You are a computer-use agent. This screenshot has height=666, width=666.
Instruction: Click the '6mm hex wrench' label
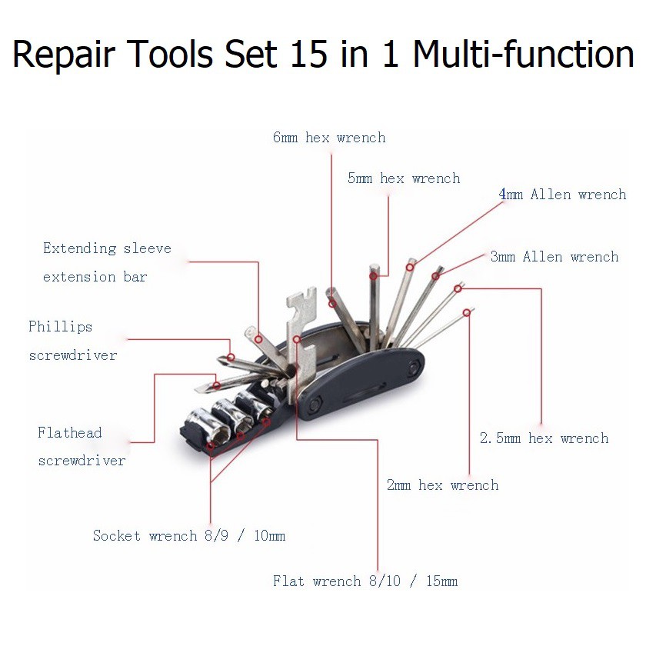pyautogui.click(x=329, y=138)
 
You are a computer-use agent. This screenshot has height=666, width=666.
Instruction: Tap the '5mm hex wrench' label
pyautogui.click(x=404, y=178)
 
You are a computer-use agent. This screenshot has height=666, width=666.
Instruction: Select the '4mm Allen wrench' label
pyautogui.click(x=562, y=195)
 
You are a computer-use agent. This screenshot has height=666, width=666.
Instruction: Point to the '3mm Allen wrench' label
pyautogui.click(x=554, y=257)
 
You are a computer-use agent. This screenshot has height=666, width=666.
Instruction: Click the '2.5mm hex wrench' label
pyautogui.click(x=544, y=438)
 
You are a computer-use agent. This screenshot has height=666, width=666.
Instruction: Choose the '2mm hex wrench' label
pyautogui.click(x=442, y=485)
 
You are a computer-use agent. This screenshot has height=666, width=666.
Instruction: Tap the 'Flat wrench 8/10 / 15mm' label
pyautogui.click(x=365, y=581)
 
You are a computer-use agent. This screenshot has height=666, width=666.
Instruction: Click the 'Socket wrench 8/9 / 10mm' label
pyautogui.click(x=189, y=535)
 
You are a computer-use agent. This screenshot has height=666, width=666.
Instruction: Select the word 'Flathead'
pyautogui.click(x=70, y=433)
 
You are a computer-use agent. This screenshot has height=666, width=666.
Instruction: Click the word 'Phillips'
pyautogui.click(x=61, y=327)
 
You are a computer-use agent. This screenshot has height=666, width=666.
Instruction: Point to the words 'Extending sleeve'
pyautogui.click(x=107, y=248)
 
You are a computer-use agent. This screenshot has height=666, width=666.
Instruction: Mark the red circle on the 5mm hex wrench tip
pyautogui.click(x=374, y=275)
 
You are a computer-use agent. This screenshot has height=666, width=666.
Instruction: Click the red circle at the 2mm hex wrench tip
pyautogui.click(x=467, y=312)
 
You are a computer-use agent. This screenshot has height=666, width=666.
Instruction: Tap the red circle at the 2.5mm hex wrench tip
pyautogui.click(x=458, y=289)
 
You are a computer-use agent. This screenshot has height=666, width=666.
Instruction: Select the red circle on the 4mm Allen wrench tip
pyautogui.click(x=411, y=267)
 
